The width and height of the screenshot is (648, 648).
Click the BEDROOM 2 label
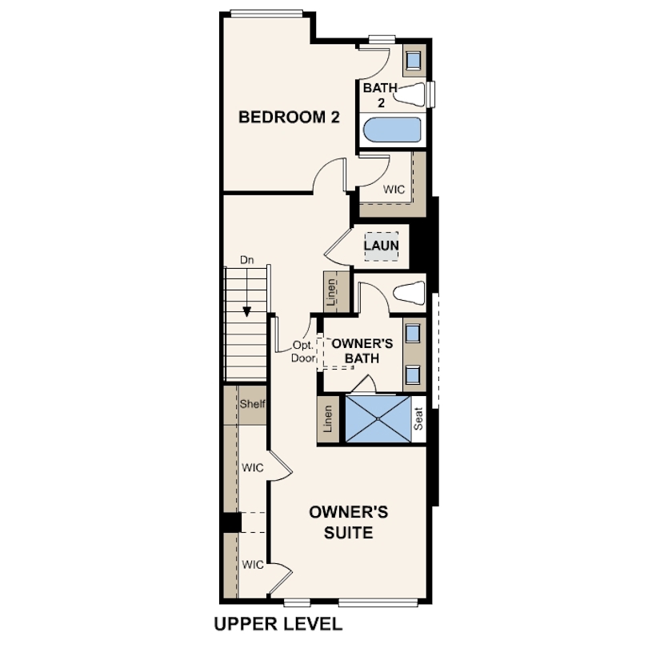[x=289, y=117]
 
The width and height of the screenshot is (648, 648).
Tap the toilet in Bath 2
[x=409, y=94]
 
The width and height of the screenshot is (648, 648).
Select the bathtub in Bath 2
[x=392, y=130]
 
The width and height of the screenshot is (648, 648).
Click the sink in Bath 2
[x=414, y=61]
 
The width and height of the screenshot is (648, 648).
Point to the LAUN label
[x=381, y=246]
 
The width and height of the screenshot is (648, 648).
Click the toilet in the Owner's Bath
[x=409, y=293]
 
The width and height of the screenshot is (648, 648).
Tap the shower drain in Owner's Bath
[x=378, y=419]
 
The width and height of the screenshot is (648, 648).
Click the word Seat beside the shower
[x=418, y=418]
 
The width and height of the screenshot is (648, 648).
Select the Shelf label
[x=253, y=404]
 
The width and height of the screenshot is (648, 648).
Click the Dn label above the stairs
[x=246, y=260]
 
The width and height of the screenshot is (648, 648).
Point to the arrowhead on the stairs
[x=246, y=312]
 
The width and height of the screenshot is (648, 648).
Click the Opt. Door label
[x=303, y=352]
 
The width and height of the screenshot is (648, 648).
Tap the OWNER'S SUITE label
[x=348, y=522]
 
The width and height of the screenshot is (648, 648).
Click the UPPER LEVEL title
[x=278, y=624]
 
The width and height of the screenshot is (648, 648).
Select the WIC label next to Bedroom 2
[x=394, y=190]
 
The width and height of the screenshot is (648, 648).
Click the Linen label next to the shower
[x=328, y=418]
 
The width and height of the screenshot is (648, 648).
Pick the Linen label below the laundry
[x=331, y=293]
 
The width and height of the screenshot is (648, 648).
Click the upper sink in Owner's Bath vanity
[x=413, y=334]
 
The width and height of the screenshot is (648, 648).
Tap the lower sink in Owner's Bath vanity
[x=413, y=375]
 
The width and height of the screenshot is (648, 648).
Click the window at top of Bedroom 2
[x=266, y=14]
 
